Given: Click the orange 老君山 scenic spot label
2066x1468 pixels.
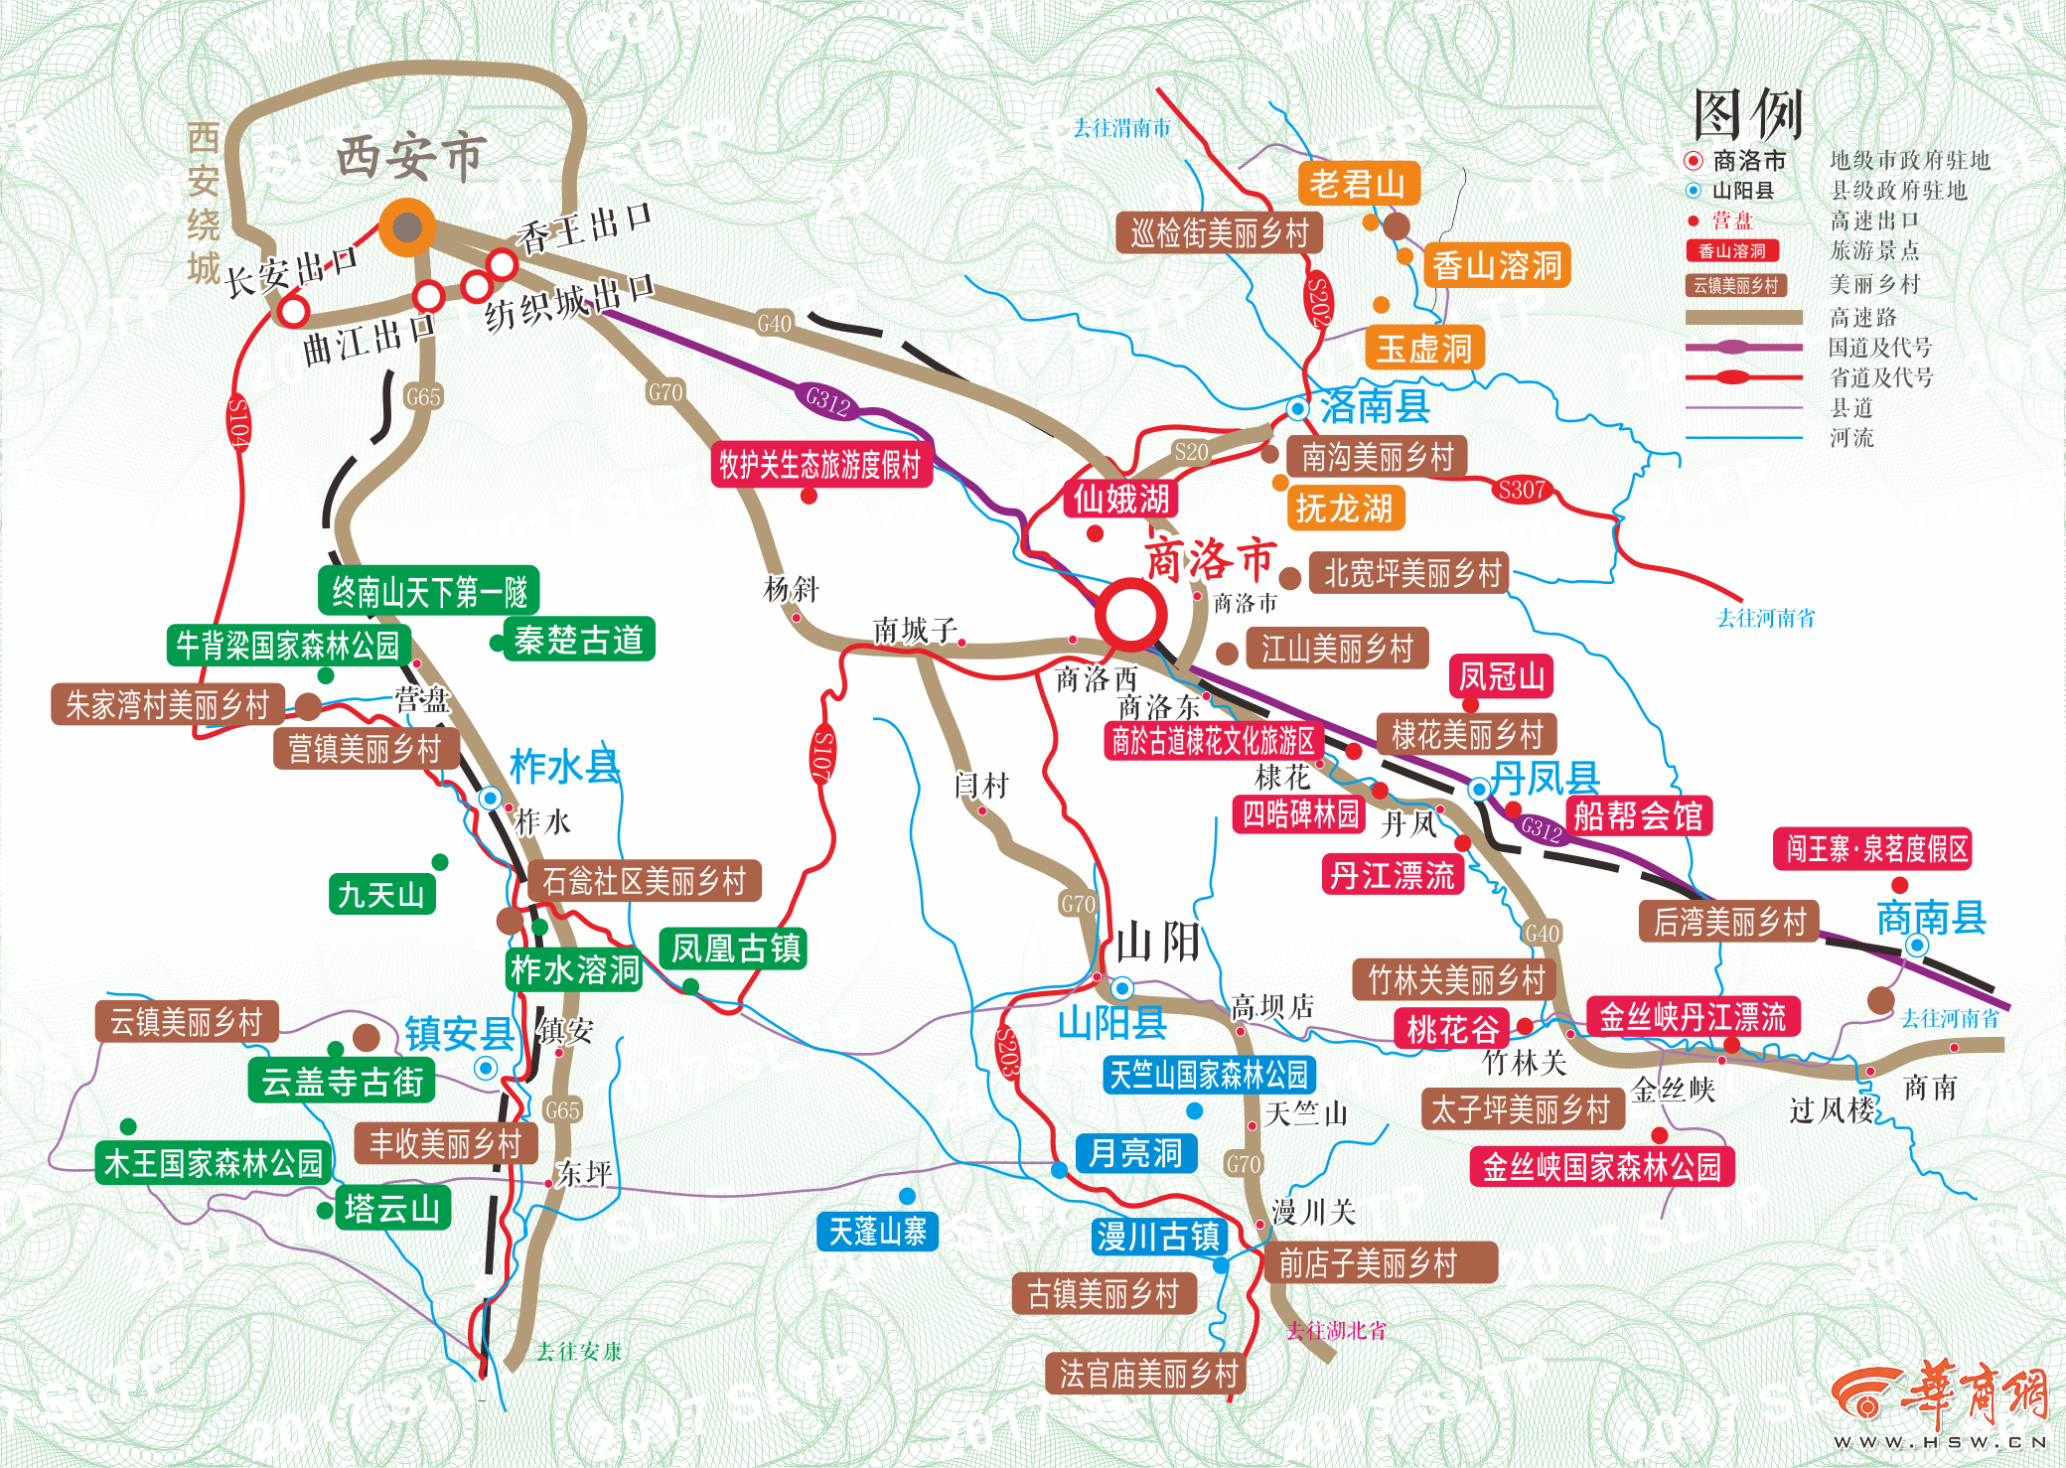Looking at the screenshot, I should [x=1357, y=184].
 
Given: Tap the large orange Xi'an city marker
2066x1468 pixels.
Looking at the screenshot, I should [x=407, y=227].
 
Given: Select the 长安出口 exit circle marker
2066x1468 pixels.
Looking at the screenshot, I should [x=293, y=311].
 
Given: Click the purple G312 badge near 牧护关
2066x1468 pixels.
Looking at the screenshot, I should [x=827, y=400].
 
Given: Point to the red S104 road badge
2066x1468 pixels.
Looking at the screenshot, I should [x=239, y=423].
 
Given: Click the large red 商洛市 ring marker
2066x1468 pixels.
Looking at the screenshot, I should [x=1130, y=614].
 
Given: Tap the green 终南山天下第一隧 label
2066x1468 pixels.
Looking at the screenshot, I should [x=429, y=592].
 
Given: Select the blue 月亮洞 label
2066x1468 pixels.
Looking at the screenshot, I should [x=1135, y=1153].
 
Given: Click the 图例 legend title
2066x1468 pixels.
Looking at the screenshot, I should [x=1747, y=114].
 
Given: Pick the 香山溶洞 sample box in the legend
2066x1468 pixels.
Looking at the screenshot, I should [x=1731, y=251].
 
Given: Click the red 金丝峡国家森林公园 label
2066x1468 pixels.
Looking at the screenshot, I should [x=1601, y=1167].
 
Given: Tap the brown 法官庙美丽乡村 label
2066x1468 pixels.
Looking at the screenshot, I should [x=1147, y=1374].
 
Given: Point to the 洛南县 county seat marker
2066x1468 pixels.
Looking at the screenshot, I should [x=1297, y=408].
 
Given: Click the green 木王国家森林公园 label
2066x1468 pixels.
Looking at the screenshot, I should [x=214, y=1163].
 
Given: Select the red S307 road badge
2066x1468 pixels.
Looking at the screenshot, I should [x=1522, y=490].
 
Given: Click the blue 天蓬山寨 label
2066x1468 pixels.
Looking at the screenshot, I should [x=876, y=1233].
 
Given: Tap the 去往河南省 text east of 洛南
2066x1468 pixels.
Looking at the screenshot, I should [x=1765, y=618].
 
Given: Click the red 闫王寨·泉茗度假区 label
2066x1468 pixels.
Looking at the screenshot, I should [x=1871, y=849].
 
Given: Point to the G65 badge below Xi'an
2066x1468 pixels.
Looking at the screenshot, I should [x=423, y=396].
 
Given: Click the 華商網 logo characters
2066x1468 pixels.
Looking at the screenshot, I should [x=1972, y=1392].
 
